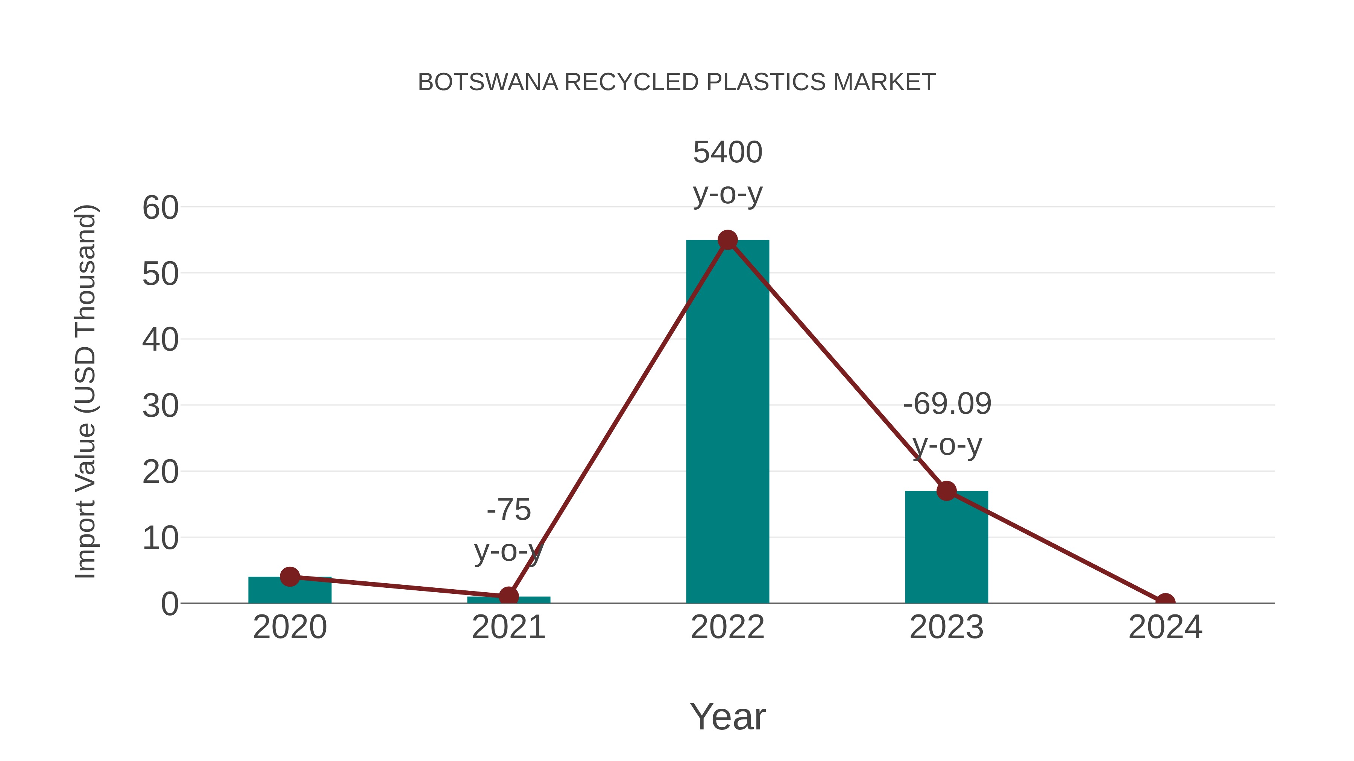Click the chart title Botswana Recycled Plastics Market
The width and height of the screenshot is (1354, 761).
(677, 82)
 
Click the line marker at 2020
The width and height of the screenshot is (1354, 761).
(290, 576)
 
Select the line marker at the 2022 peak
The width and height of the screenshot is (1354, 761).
(727, 240)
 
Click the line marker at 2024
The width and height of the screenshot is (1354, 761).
(1165, 602)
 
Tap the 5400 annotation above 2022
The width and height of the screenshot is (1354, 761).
(727, 152)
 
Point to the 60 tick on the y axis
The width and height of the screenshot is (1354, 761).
(160, 207)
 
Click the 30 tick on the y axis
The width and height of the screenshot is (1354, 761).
(160, 406)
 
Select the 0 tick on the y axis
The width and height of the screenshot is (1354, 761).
(169, 604)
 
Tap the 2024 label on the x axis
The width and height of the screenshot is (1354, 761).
(1165, 627)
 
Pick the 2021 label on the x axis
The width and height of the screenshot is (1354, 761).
(508, 627)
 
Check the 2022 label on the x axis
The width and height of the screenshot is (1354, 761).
(727, 627)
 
